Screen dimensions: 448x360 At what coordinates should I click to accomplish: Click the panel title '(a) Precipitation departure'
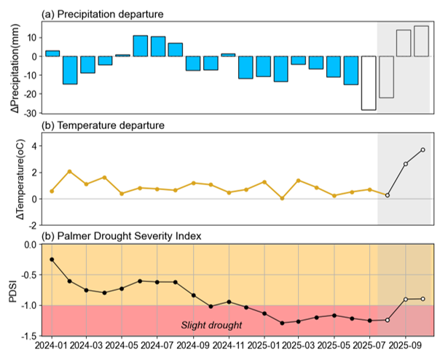[102, 15]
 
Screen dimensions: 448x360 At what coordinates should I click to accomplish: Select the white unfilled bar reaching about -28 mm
[369, 83]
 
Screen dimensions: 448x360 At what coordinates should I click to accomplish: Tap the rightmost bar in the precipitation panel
[422, 42]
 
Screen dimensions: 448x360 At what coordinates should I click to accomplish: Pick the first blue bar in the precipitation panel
[52, 53]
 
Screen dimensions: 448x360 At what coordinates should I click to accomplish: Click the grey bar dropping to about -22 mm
[386, 77]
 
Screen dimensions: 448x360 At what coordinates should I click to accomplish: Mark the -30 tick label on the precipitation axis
[31, 113]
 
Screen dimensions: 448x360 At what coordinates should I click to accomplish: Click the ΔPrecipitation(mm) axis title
[15, 68]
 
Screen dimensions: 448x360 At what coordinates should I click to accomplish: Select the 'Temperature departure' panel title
[111, 125]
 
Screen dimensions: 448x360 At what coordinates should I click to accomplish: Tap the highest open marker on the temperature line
[423, 150]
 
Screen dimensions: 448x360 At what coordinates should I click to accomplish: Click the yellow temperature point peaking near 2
[69, 171]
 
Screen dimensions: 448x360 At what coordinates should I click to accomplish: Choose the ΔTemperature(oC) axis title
[20, 179]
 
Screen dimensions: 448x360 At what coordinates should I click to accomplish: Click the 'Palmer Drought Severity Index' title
[129, 236]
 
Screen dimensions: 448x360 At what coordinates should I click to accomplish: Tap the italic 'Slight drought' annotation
[211, 325]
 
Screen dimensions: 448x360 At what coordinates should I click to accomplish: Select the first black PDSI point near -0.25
[52, 259]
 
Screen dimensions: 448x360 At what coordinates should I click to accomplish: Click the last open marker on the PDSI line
[423, 299]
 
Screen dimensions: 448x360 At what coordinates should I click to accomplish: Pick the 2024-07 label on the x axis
[157, 345]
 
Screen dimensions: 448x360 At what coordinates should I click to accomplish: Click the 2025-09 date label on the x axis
[406, 345]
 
